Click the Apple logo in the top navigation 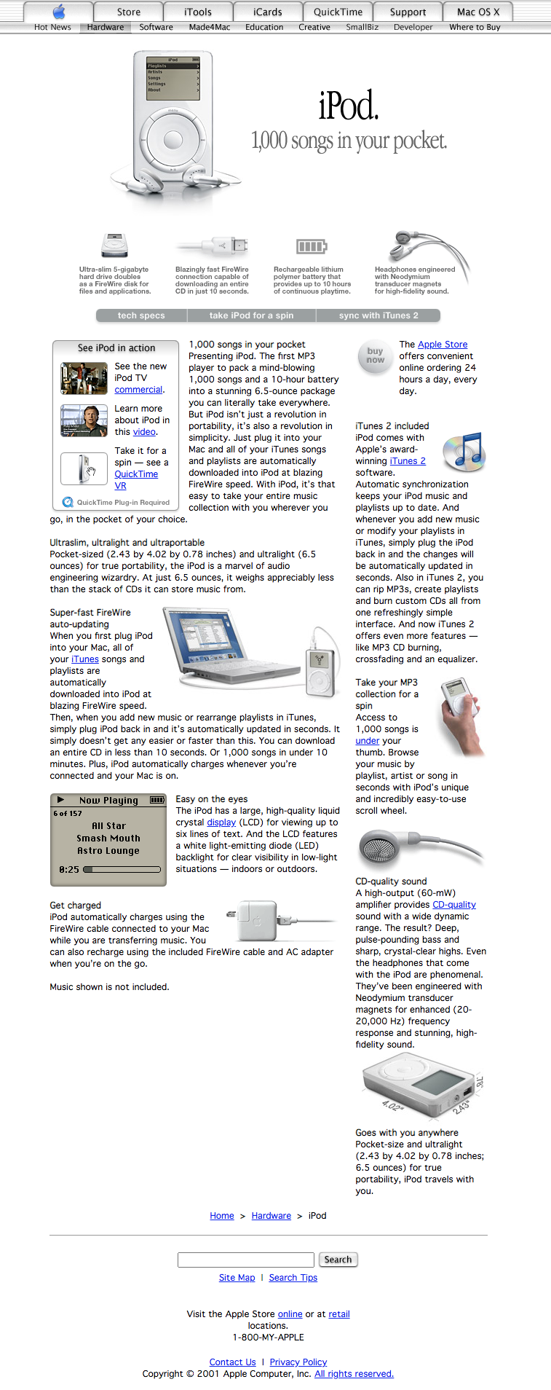tap(59, 12)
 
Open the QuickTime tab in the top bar tap(338, 12)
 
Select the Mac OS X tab tap(478, 12)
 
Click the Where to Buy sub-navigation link tap(475, 27)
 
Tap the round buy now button tap(375, 356)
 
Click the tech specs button tap(141, 315)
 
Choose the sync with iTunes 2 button tap(378, 315)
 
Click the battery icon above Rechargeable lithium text tap(312, 246)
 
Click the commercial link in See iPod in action tap(138, 390)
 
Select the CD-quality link tap(454, 905)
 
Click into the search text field tap(245, 1260)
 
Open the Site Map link tap(237, 1278)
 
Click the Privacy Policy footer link tap(298, 1362)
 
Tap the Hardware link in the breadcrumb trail tap(271, 1216)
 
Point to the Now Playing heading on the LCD tap(108, 801)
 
